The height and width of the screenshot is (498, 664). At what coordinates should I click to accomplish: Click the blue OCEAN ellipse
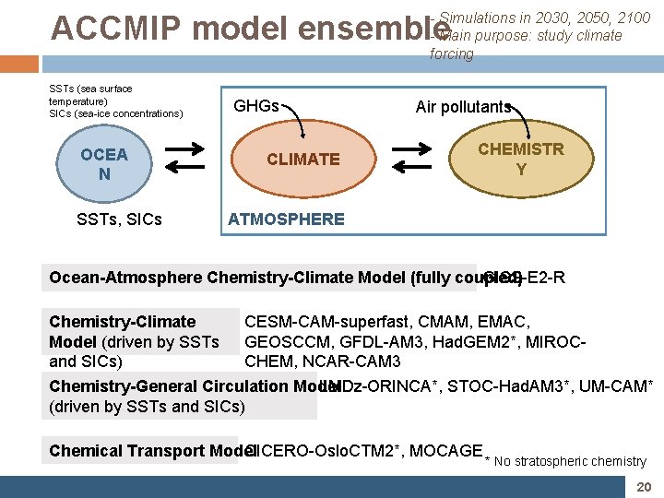[x=103, y=163]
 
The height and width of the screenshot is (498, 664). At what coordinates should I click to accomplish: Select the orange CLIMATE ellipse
[x=302, y=160]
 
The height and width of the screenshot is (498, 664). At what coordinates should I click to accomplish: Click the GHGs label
[x=256, y=106]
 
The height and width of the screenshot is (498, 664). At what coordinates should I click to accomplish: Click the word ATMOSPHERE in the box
[x=286, y=219]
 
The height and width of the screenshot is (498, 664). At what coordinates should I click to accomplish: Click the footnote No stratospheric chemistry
[x=571, y=461]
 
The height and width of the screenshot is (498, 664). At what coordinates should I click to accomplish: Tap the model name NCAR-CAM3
[x=356, y=361]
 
